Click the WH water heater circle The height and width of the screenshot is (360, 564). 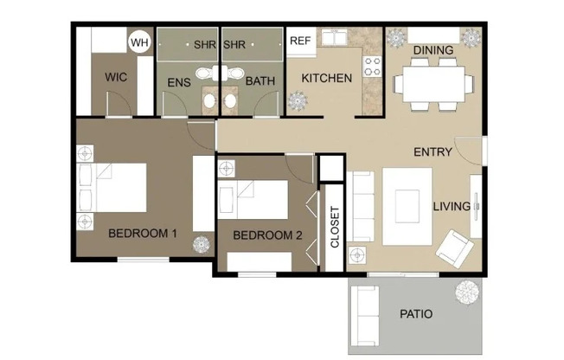click(138, 42)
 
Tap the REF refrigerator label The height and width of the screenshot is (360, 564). click(300, 41)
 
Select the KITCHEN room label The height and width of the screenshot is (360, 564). click(326, 79)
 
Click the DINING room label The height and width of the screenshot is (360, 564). click(433, 50)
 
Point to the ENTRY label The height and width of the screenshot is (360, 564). click(433, 152)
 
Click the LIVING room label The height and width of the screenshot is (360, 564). click(452, 207)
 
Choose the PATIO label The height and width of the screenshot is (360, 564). click(416, 314)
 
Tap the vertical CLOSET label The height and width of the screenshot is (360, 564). click(335, 228)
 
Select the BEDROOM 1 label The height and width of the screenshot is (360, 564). click(143, 233)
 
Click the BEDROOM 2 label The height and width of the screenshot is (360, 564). click(267, 235)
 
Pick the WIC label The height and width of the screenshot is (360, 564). click(117, 78)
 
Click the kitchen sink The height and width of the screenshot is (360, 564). click(332, 39)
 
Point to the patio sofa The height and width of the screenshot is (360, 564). click(365, 312)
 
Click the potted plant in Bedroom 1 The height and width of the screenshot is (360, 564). click(201, 244)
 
